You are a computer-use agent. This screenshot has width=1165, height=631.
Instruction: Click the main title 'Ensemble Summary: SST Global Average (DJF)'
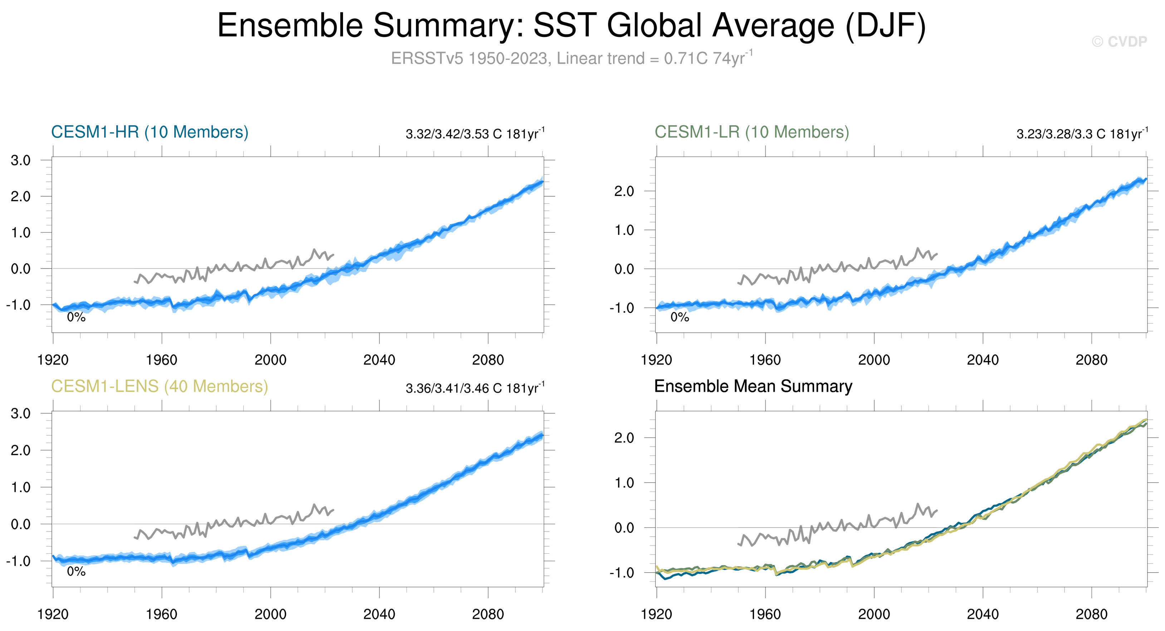pyautogui.click(x=572, y=26)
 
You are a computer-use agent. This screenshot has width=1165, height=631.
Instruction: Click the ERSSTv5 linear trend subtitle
pyautogui.click(x=572, y=58)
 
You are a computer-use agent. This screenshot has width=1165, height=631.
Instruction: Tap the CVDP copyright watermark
pyautogui.click(x=1119, y=42)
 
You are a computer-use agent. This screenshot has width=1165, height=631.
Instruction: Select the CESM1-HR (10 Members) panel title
pyautogui.click(x=150, y=132)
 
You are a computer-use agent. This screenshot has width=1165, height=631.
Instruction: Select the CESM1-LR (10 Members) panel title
pyautogui.click(x=752, y=132)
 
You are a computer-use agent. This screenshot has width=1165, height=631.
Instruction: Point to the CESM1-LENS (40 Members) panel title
pyautogui.click(x=159, y=386)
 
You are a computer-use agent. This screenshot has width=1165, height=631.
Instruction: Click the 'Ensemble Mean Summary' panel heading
pyautogui.click(x=753, y=386)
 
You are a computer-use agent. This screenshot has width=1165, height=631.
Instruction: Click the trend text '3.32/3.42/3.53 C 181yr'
pyautogui.click(x=475, y=134)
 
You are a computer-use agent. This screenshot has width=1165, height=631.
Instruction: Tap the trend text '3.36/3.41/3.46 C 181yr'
pyautogui.click(x=475, y=389)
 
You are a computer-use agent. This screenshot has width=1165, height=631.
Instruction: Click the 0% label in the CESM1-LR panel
pyautogui.click(x=679, y=317)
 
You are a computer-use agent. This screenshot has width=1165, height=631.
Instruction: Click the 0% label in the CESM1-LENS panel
pyautogui.click(x=76, y=572)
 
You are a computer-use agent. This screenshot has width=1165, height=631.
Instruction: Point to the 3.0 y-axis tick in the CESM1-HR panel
pyautogui.click(x=21, y=160)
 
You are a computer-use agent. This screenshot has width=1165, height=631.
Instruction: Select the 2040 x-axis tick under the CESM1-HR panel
pyautogui.click(x=379, y=360)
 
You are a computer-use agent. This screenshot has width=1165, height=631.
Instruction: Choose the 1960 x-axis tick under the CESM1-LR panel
pyautogui.click(x=765, y=360)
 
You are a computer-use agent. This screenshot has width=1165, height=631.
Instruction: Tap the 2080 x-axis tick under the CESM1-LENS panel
pyautogui.click(x=488, y=615)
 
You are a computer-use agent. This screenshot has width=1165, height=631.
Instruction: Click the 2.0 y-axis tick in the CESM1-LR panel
pyautogui.click(x=624, y=192)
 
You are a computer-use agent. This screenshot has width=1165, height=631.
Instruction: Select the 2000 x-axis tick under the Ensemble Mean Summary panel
pyautogui.click(x=874, y=615)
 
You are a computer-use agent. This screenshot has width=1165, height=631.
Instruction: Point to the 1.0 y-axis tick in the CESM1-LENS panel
pyautogui.click(x=21, y=487)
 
